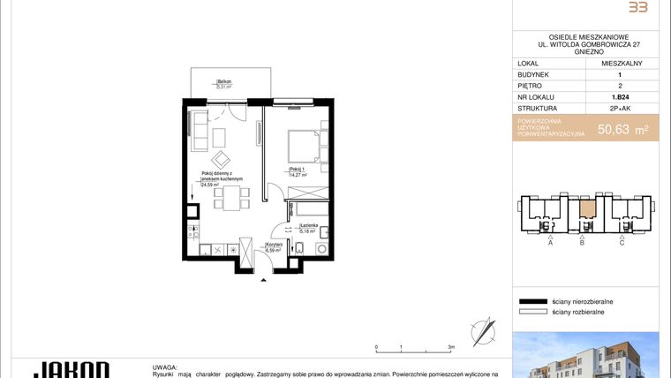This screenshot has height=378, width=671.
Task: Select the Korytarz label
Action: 274,245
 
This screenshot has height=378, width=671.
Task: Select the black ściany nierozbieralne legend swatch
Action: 532,301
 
